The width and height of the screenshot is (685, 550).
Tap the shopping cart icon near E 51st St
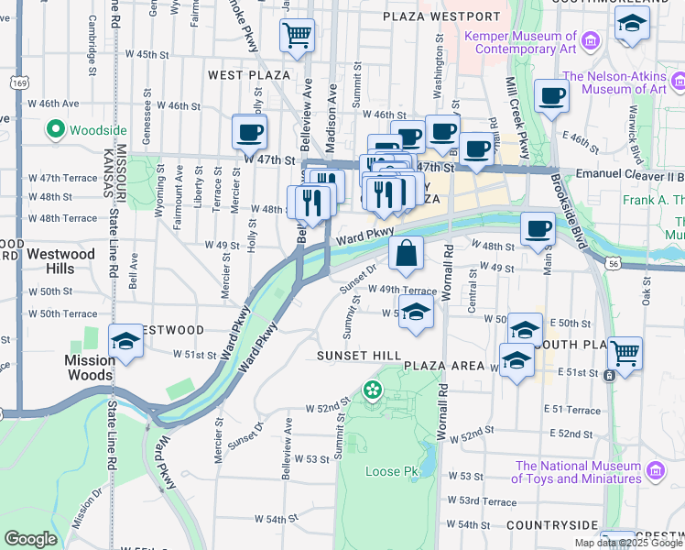pyautogui.click(x=625, y=353)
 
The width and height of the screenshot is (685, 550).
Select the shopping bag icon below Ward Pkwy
pyautogui.click(x=405, y=253)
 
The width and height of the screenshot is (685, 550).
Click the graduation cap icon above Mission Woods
pyautogui.click(x=125, y=342)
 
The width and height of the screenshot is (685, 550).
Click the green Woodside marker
pyautogui.click(x=55, y=129)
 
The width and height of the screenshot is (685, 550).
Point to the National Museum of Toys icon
pyautogui.click(x=655, y=471)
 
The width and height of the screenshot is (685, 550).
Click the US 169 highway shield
pyautogui.click(x=20, y=83)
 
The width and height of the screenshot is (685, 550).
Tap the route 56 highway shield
pyautogui.click(x=612, y=262)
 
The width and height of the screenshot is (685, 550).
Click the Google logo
pyautogui.click(x=30, y=539)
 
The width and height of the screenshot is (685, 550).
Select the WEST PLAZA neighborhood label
pyautogui.click(x=248, y=74)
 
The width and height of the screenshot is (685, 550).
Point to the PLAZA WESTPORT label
pyautogui.click(x=442, y=16)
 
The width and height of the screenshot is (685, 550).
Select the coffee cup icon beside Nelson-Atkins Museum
pyautogui.click(x=550, y=96)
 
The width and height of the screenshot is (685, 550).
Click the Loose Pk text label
pyautogui.click(x=391, y=471)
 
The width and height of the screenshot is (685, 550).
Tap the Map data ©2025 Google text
pyautogui.click(x=628, y=543)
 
